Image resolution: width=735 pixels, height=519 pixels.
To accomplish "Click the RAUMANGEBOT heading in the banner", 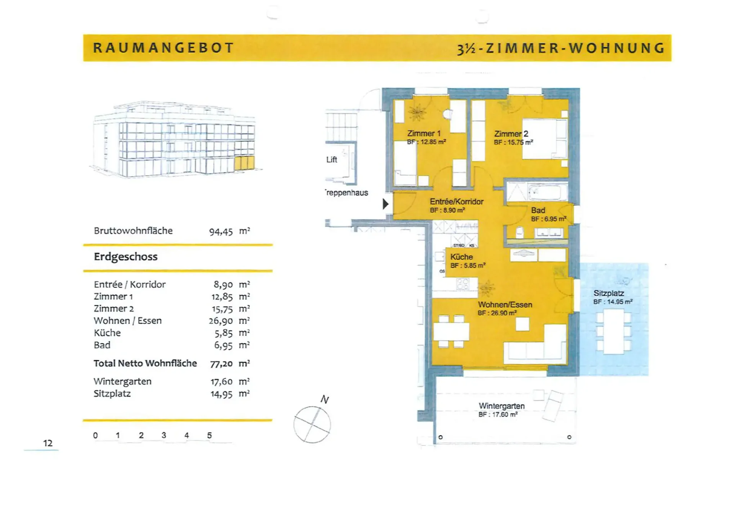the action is click(163, 48).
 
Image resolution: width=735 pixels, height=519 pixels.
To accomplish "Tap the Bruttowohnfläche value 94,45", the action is click(221, 232).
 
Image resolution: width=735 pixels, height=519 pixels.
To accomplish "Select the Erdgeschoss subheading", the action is click(126, 256).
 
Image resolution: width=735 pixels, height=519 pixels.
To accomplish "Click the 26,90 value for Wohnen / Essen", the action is click(221, 321).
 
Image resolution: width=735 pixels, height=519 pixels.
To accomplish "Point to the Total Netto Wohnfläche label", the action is click(145, 363).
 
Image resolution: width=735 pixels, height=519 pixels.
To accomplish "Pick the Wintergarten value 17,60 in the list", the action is click(222, 382).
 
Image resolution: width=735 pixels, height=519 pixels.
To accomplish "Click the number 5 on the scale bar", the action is click(209, 435).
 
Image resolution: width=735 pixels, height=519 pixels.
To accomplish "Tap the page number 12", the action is click(48, 443).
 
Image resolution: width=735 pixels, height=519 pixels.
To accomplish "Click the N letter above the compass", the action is click(325, 400).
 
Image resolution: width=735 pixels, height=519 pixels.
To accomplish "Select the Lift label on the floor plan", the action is click(332, 160).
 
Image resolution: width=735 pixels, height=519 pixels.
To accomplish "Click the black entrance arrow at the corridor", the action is click(386, 204).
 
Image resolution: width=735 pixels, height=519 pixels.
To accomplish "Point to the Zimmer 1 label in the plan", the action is click(424, 134).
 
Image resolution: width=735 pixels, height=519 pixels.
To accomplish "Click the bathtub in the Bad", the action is click(547, 192).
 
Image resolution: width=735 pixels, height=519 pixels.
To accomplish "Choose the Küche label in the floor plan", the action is click(461, 257).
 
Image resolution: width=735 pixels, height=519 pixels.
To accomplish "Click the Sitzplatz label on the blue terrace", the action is click(609, 293).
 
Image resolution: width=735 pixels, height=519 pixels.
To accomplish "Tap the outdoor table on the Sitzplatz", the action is click(614, 331).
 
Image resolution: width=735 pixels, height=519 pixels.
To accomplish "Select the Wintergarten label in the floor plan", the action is click(501, 406).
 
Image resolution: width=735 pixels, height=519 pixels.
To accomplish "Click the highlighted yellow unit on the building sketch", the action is click(244, 163).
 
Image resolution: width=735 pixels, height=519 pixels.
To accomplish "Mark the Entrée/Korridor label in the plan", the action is click(456, 202).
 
